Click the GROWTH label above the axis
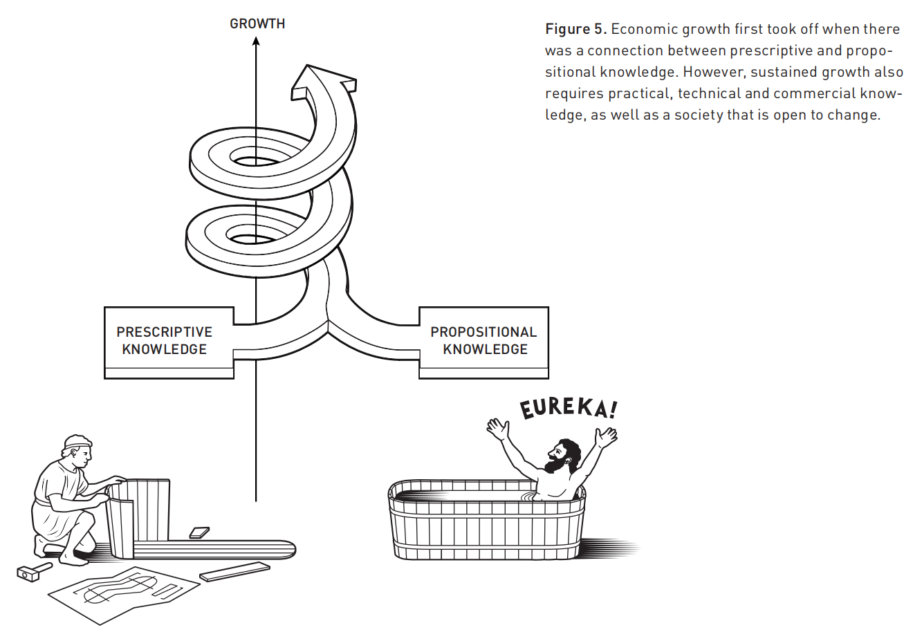(257, 24)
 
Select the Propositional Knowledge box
(483, 340)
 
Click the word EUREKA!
(567, 407)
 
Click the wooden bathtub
(487, 522)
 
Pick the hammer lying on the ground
(33, 570)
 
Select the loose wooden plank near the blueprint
(234, 571)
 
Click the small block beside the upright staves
(199, 532)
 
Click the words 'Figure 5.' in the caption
(575, 29)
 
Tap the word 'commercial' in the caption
(816, 93)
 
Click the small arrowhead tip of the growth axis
(256, 40)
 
